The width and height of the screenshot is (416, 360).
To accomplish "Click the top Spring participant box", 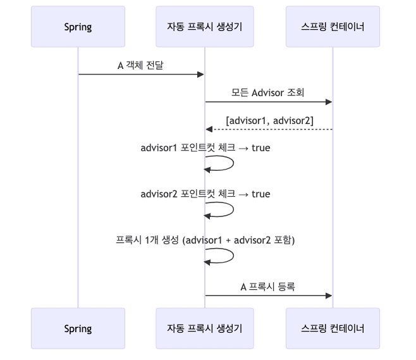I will click(78, 27).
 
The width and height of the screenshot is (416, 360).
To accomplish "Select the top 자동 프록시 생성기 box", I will click(205, 27).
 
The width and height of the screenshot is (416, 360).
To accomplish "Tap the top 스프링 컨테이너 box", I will click(333, 27).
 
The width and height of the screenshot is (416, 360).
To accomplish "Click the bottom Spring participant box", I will click(78, 328).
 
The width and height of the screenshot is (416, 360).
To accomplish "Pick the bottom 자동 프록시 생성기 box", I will click(205, 328).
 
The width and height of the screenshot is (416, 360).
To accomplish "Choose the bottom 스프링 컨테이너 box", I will click(333, 328).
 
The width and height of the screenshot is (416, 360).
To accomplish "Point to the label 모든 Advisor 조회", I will click(268, 92).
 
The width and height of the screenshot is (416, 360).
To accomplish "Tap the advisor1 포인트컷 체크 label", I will click(205, 148).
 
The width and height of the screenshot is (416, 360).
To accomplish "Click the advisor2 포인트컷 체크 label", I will click(205, 194).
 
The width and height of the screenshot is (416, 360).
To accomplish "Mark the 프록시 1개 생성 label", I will click(205, 240).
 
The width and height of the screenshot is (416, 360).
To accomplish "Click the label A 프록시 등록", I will click(268, 286).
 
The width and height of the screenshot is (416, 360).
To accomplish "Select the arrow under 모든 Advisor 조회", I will click(268, 102).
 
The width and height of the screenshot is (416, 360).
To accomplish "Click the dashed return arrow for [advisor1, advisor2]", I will click(268, 129).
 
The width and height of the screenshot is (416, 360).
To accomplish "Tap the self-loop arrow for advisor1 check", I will click(233, 163).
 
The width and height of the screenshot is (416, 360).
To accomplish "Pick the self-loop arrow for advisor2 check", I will click(233, 209).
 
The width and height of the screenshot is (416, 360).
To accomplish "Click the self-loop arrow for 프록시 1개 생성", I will click(233, 256).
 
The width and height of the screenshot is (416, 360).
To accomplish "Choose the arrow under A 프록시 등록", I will click(268, 295).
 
